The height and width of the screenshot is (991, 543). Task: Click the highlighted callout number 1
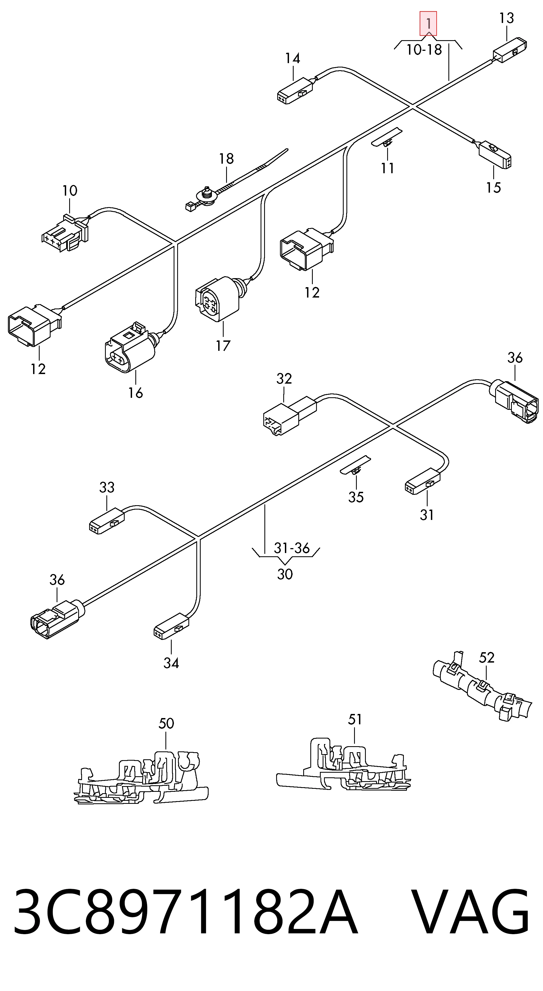click(x=428, y=23)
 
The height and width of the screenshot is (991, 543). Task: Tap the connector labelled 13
click(x=510, y=50)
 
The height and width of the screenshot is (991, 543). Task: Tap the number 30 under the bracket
click(x=285, y=574)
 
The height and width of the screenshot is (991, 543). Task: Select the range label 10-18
click(x=424, y=50)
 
